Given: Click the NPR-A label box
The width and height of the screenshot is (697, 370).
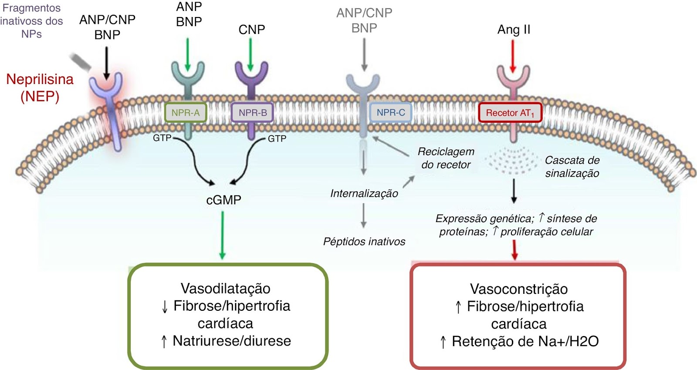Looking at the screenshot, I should point(186,113).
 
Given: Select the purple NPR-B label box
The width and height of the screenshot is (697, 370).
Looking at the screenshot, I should point(253,113).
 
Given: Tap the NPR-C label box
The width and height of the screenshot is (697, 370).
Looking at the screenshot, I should point(391,113).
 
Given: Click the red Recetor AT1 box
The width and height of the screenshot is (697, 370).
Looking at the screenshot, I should point(510,113).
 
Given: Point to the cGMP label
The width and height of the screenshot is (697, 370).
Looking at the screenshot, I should point(223,200).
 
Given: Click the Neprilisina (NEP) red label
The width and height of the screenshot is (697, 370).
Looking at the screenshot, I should point(40,87).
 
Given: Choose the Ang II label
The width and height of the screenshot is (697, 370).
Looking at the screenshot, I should point(514,30).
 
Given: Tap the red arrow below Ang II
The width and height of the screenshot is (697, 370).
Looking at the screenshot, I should point(513,55).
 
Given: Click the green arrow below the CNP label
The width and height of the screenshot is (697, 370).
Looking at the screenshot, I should point(250,54).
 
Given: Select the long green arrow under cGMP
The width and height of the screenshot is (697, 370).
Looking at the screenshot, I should point(223,235).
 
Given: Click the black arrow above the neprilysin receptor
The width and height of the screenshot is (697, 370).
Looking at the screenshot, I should point(107,63).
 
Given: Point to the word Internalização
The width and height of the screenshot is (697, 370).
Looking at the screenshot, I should point(364,193).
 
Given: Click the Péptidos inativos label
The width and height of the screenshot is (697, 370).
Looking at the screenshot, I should point(364,242).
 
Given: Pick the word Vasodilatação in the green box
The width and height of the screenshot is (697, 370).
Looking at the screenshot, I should point(226,288).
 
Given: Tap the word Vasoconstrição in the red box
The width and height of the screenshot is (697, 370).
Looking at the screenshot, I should point(519,289).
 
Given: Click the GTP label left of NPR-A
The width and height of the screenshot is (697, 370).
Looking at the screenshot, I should point(162,138).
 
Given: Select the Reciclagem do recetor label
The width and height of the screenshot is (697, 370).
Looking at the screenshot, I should point(446,158).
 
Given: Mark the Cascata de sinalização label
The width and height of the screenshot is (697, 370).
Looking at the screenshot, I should point(572,167).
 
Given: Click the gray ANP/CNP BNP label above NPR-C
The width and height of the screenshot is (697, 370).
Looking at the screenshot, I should point(364,20).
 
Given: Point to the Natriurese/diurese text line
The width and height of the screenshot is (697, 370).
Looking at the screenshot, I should point(231,341).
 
